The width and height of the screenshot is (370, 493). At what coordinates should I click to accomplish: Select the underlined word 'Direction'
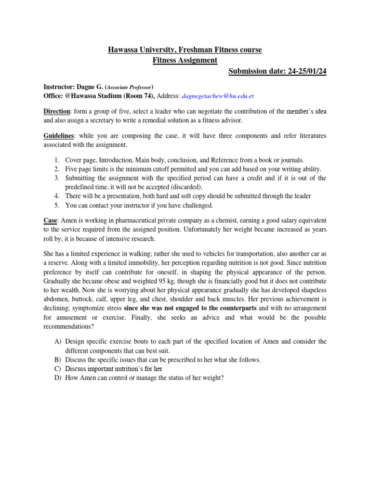coord(56,111)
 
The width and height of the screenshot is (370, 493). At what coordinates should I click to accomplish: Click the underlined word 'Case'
coord(50,220)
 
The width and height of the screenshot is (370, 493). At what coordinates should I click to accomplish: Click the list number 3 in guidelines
coord(57,178)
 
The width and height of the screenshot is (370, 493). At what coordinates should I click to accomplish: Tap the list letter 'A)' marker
coord(58,341)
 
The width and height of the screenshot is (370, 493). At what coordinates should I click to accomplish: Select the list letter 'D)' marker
coord(58,378)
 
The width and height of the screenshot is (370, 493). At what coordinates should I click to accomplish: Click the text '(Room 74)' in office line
coord(137,96)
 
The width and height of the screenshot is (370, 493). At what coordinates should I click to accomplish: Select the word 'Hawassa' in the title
coord(121,50)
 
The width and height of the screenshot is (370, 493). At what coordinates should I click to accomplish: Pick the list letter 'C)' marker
coord(58,369)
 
